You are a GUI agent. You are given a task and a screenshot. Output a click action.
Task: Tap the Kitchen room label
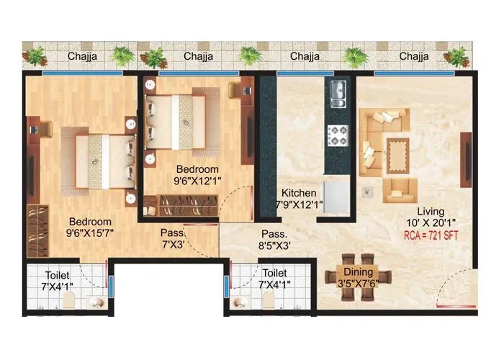pos(299,199)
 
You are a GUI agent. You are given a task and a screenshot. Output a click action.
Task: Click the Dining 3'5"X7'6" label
pos(358,278)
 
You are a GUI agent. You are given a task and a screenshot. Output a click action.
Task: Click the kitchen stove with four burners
pos(338,132)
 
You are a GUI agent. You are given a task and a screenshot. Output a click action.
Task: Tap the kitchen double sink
pos(338,91)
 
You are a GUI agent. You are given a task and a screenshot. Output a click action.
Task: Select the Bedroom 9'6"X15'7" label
pos(90,228)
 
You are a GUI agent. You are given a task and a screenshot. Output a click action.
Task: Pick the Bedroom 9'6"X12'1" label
pos(197,174)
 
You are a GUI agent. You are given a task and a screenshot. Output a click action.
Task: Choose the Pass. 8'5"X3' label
pos(274,240)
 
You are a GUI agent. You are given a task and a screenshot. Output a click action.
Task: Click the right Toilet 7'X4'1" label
pos(274,279)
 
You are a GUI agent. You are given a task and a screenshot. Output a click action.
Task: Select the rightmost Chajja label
pos(415,55)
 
